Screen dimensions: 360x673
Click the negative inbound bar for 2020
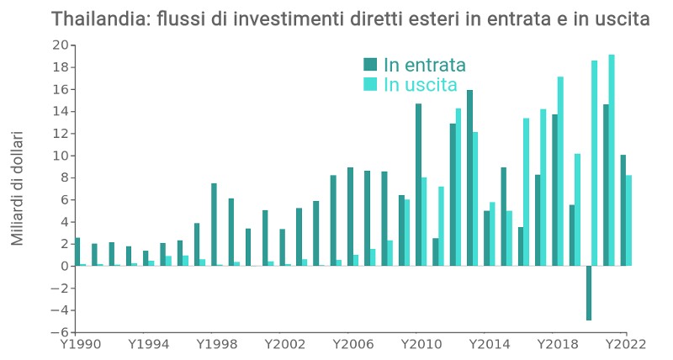tap(589, 293)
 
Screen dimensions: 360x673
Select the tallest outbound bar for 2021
tap(612, 160)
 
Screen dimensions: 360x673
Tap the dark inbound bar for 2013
tap(469, 177)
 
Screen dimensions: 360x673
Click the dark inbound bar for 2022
tap(623, 210)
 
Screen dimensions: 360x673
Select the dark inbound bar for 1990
tap(77, 251)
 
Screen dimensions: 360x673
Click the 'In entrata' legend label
tap(424, 66)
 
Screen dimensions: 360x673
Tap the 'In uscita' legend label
tap(420, 85)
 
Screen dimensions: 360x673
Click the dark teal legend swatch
tap(370, 65)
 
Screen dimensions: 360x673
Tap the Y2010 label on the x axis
tap(418, 344)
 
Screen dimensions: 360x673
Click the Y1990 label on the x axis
tap(77, 344)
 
